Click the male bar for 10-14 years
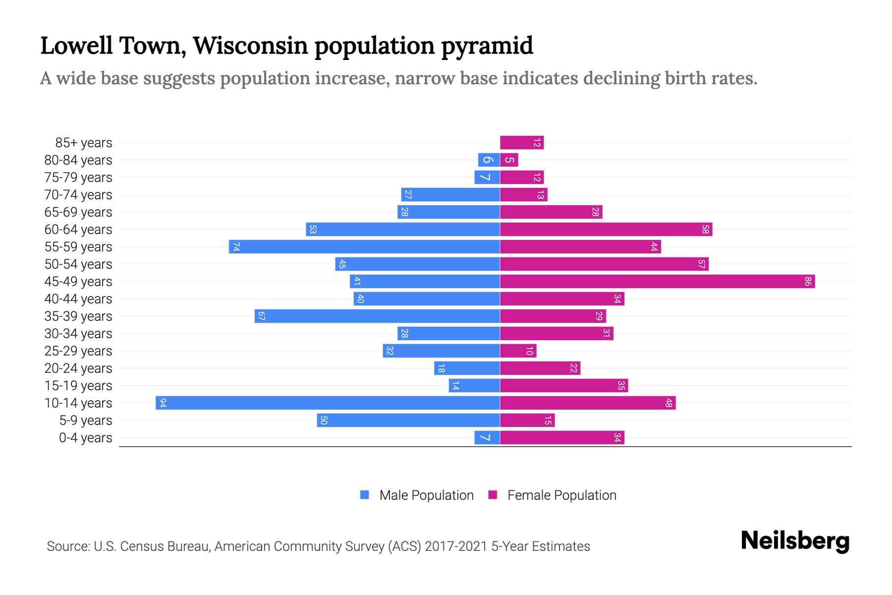pos(327,403)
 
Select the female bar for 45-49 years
pos(657,281)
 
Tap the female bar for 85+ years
pos(522,143)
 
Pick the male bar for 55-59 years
pos(364,246)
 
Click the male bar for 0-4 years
pos(487,437)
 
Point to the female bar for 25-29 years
pos(518,351)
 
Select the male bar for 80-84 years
pos(489,160)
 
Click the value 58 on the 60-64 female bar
pos(705,229)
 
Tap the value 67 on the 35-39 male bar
pos(262,316)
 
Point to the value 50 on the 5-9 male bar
pos(324,420)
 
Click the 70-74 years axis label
pos(78,195)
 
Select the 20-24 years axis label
pos(78,368)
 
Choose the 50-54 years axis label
pos(78,264)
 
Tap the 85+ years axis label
pos(84,143)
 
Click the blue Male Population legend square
pos(365,495)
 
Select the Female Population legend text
pos(561,495)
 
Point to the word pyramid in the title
pos(487,46)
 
